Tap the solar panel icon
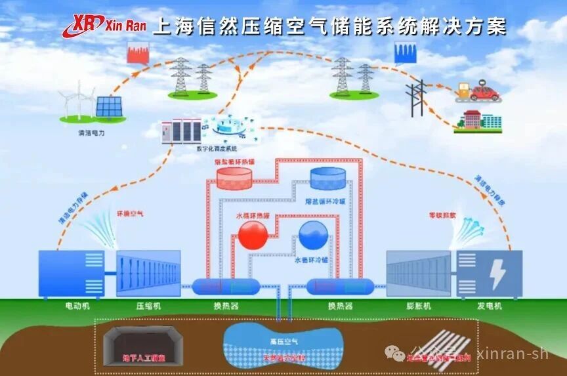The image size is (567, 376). (x=108, y=107)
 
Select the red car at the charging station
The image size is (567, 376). (x=484, y=93)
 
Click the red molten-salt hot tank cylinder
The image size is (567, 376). (x=234, y=177)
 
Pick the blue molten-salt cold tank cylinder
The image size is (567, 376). (x=328, y=178)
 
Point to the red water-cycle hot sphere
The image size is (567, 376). (x=253, y=234)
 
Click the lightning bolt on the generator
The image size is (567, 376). (x=498, y=274)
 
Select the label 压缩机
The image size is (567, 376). (x=148, y=306)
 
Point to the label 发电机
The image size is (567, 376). (x=490, y=306)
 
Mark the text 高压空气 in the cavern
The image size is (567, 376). (x=283, y=341)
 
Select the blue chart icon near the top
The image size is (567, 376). (x=406, y=52)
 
